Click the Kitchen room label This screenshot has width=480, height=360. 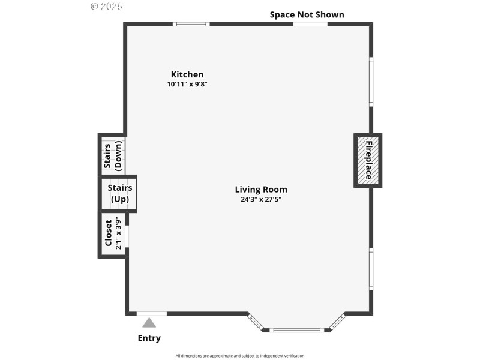click(x=187, y=74)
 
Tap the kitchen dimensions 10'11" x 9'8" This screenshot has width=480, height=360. click(x=187, y=85)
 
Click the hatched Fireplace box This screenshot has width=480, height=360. click(x=367, y=160)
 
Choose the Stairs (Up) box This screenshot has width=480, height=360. click(x=119, y=193)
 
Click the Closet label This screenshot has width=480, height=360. click(x=109, y=233)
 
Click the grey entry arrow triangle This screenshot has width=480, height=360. click(x=149, y=323)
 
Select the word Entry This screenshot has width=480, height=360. click(x=149, y=338)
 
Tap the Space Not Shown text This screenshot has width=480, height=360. click(x=307, y=14)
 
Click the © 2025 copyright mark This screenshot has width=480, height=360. click(x=106, y=7)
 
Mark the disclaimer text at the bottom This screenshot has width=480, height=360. click(x=239, y=356)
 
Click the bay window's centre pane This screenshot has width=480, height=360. click(x=296, y=329)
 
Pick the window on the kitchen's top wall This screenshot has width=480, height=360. click(x=191, y=24)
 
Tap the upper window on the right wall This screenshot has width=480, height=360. click(x=371, y=82)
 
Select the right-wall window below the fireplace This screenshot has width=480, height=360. click(x=371, y=270)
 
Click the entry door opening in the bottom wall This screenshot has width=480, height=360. click(x=152, y=313)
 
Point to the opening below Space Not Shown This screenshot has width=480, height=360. click(x=310, y=24)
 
